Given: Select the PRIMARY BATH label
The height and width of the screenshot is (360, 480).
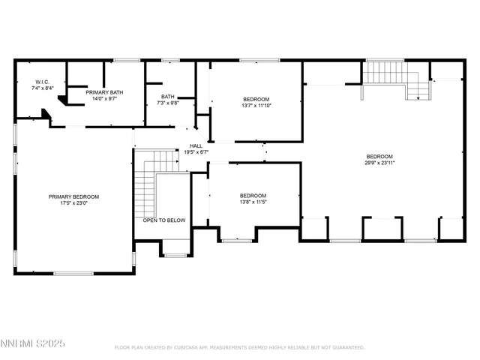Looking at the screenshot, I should coord(104,92).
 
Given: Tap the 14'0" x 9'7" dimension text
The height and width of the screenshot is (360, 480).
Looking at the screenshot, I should coord(104,98).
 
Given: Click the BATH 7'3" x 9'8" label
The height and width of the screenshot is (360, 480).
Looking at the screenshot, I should coord(169,100).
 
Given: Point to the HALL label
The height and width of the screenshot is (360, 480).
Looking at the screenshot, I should coord(196,145).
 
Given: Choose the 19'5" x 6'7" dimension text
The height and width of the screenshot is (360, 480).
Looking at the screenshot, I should coord(196,152).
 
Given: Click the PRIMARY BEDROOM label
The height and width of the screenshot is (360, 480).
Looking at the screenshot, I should coord(73,196).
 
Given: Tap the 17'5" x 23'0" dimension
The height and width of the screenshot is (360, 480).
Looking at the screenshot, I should coord(73,203).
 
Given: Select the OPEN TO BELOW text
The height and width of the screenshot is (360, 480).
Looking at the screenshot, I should coord(164,220).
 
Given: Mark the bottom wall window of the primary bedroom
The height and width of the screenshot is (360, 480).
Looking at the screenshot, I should coord(73,273).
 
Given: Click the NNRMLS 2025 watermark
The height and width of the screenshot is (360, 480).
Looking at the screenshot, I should coord(34,343).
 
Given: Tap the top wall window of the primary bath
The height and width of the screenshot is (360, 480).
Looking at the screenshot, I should coord(127,60).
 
